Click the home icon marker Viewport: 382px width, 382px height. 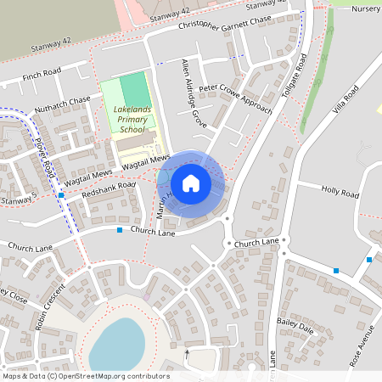(191, 183)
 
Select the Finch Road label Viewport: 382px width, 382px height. (43, 76)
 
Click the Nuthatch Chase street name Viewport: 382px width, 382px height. (63, 104)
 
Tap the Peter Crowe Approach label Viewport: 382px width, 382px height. (235, 99)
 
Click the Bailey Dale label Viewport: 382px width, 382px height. (295, 326)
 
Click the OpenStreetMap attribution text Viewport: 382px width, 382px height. (85, 376)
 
